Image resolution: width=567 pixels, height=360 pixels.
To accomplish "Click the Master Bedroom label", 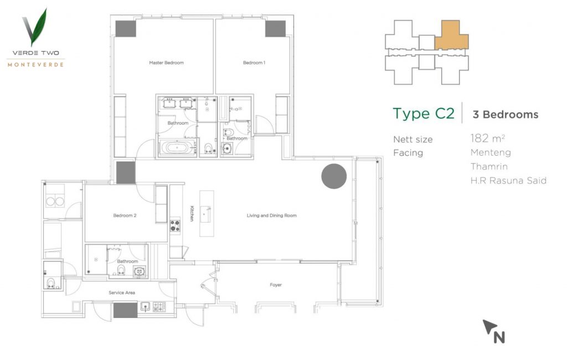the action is tap(166, 63).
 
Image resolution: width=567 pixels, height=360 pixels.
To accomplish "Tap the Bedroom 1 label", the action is tap(254, 63).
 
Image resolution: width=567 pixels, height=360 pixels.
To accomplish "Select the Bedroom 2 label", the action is tap(125, 215).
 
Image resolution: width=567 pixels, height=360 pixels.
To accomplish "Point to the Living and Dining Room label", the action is tap(271, 215).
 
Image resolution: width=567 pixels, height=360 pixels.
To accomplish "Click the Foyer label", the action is tap(276, 285).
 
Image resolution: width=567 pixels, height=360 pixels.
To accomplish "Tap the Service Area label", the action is tap(122, 292).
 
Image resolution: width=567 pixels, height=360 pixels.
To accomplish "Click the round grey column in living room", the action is tap(334, 176).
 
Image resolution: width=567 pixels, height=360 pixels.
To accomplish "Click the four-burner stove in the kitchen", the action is tap(176, 225).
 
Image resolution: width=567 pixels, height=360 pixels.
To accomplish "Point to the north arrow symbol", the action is tap(493, 331).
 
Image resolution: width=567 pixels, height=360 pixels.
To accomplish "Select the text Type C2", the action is tap(424, 113).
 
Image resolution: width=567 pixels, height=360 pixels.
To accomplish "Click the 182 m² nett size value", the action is tap(487, 138).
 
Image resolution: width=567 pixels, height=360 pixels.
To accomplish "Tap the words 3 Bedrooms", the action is tap(506, 114).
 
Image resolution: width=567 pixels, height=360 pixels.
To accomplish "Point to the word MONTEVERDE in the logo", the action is tap(35, 65).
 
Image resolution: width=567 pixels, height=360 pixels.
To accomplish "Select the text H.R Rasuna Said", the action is tap(508, 181).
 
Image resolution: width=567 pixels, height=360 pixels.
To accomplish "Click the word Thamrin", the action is tap(489, 167).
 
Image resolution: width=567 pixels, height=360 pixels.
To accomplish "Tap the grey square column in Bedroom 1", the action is tap(276, 29).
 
